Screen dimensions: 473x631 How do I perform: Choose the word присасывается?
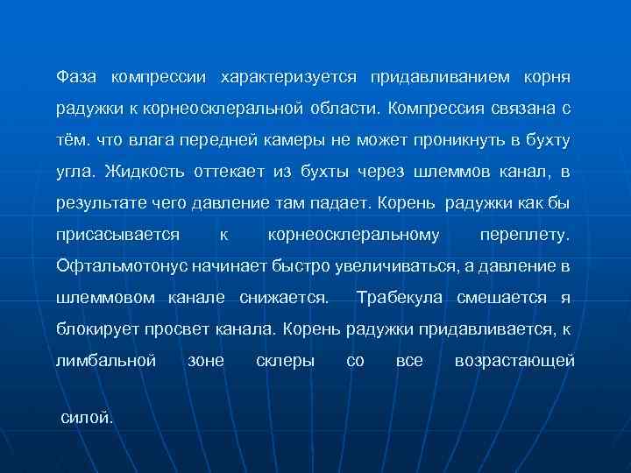(x=117, y=236)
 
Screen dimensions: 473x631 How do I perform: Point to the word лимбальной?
(x=105, y=361)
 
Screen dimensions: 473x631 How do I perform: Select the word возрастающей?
(x=514, y=361)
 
